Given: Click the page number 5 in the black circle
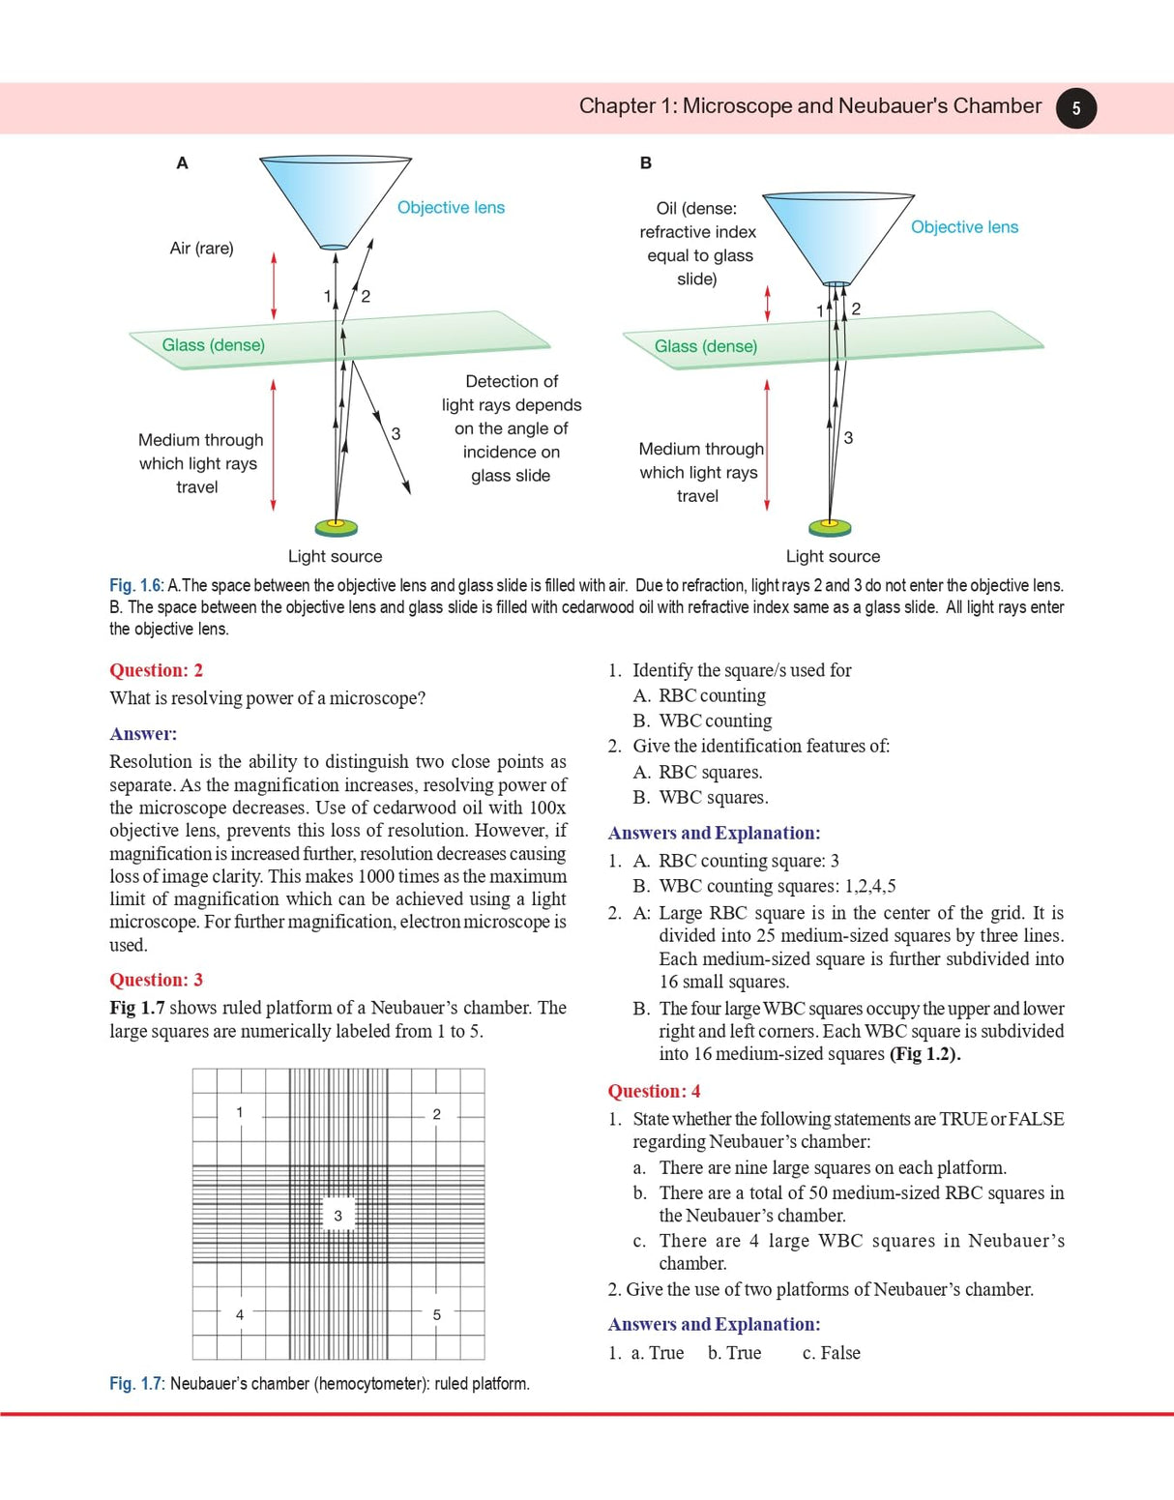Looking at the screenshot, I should (x=1075, y=108).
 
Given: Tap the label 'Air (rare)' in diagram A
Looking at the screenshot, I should (x=201, y=249).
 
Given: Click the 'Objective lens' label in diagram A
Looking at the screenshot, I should (x=451, y=208).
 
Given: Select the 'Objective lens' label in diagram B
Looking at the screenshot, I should (x=964, y=227).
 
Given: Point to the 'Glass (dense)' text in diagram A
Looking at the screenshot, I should (x=213, y=345).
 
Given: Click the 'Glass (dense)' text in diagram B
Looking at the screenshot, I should (x=706, y=346).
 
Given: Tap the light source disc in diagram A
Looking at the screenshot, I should (x=337, y=527).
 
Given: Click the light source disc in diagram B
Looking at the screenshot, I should (x=830, y=527).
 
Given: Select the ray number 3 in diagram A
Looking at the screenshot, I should (x=396, y=434).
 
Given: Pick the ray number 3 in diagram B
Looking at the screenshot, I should (x=848, y=438).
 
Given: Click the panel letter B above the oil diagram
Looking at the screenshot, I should (x=646, y=163).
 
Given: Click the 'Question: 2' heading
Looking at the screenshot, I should (x=156, y=670).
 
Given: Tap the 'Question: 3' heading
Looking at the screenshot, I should (x=156, y=980).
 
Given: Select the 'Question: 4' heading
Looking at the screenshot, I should (x=654, y=1091).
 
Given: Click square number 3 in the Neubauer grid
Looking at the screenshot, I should (x=338, y=1216).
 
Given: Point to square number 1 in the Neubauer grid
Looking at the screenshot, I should (x=240, y=1112).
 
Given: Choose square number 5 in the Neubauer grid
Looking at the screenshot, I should (x=436, y=1314).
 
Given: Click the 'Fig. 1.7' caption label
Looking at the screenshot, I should (x=136, y=1384).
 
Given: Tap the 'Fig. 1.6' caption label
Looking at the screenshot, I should (x=136, y=586).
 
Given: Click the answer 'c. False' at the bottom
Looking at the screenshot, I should (x=831, y=1353).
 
